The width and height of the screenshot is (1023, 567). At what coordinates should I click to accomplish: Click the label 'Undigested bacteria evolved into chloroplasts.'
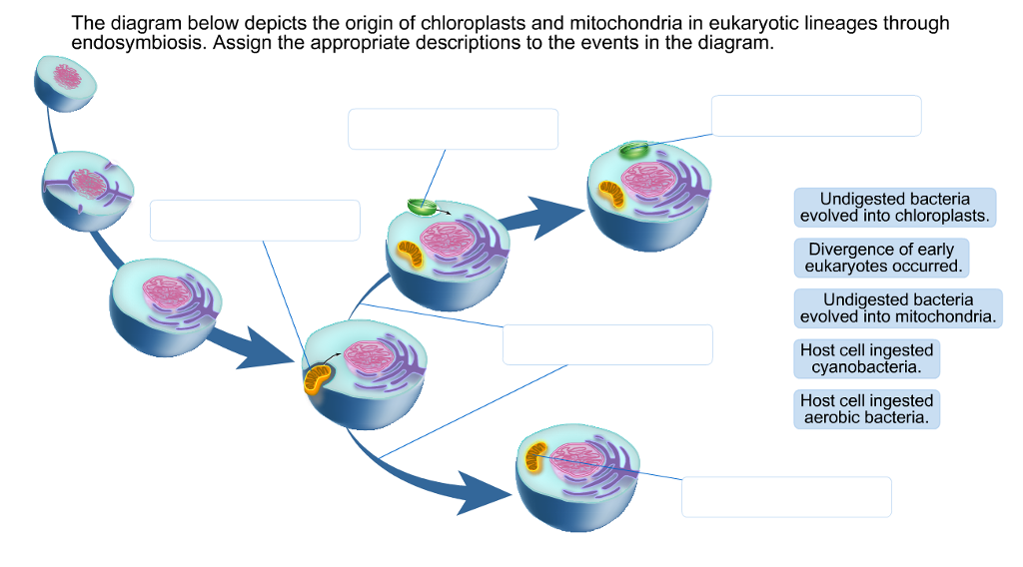(x=895, y=208)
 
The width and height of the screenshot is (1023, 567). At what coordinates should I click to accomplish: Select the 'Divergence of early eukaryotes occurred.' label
(x=881, y=258)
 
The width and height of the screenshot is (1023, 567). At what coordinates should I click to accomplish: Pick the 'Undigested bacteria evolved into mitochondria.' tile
(x=897, y=308)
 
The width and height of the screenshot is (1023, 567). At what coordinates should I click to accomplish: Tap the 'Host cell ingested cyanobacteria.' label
(x=866, y=359)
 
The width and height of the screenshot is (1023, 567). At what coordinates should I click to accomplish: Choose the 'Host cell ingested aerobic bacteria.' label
(x=866, y=409)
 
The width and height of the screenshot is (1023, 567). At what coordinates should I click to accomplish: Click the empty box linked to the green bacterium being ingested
(x=453, y=129)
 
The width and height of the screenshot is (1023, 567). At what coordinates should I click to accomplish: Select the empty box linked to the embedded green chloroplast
(x=815, y=116)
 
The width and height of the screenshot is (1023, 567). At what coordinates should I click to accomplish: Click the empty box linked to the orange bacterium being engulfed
(x=255, y=221)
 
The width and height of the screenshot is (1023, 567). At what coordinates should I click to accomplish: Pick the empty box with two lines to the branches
(x=607, y=344)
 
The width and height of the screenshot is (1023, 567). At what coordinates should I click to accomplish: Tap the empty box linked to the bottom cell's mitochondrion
(x=786, y=497)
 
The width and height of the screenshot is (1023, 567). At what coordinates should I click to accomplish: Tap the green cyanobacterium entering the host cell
(x=422, y=207)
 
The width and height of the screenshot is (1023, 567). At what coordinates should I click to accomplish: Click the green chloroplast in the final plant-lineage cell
(x=632, y=151)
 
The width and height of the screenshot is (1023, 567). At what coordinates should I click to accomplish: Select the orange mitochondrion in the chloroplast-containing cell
(x=610, y=194)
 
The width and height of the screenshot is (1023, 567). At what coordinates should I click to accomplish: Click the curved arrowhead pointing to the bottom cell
(x=480, y=491)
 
